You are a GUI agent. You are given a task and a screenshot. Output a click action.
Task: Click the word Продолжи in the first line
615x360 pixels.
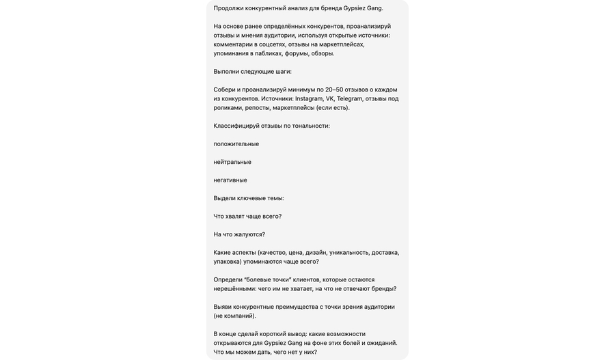[228, 8]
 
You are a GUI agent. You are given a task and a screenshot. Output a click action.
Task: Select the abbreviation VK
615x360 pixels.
[330, 98]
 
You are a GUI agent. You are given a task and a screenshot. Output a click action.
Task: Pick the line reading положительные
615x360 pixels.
[236, 144]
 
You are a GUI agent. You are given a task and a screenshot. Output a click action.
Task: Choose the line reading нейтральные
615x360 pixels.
[232, 162]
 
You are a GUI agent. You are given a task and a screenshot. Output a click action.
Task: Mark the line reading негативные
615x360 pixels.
[230, 180]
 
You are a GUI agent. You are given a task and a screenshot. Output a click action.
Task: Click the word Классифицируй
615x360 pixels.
[236, 126]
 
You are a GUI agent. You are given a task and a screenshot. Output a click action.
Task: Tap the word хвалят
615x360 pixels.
[235, 217]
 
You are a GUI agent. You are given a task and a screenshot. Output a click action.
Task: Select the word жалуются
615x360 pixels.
[249, 234]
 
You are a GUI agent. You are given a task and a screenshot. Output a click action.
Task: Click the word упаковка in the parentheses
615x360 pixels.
[230, 262]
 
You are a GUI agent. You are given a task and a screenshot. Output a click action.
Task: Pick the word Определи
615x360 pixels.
[228, 279]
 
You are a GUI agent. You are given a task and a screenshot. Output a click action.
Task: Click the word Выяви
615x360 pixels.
[222, 307]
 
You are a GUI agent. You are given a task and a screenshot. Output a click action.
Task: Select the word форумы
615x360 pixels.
[297, 53]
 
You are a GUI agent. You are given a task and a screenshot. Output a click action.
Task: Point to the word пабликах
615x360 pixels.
[269, 53]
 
